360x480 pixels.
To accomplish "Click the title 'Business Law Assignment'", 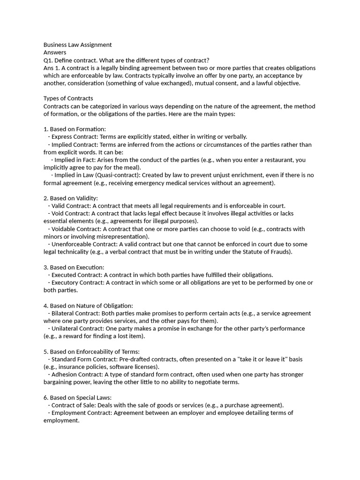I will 77,45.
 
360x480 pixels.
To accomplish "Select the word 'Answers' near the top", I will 55,52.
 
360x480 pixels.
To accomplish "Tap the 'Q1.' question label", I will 49,60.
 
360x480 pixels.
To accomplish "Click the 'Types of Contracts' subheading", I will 68,98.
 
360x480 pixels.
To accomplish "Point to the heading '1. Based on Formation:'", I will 75,129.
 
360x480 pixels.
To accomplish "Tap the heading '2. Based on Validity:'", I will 71,198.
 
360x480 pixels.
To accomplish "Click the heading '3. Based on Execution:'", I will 74,267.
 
